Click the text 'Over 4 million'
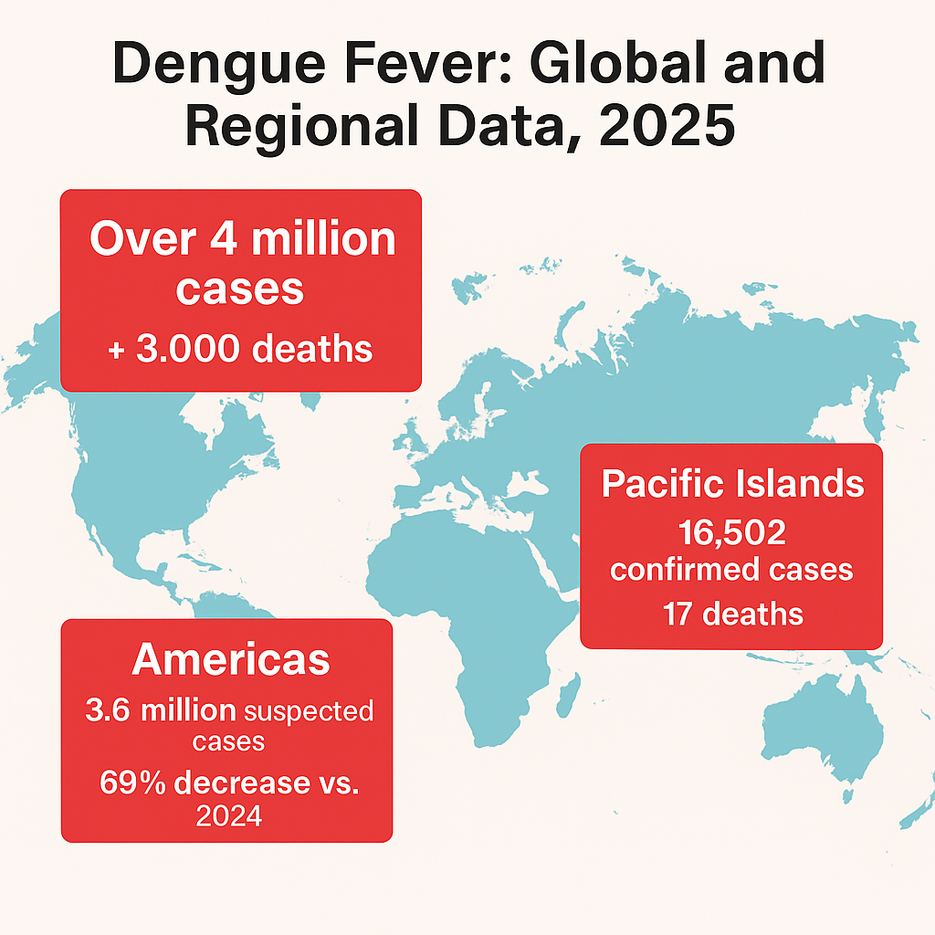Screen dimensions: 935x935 [242, 239]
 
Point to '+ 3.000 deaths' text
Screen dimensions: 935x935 [240, 349]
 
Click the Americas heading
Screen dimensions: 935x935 [230, 659]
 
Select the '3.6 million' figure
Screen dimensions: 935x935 [160, 711]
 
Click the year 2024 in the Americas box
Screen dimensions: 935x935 [229, 815]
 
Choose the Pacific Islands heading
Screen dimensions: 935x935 [732, 483]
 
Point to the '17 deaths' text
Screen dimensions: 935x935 [732, 613]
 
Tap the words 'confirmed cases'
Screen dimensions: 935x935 [732, 570]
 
